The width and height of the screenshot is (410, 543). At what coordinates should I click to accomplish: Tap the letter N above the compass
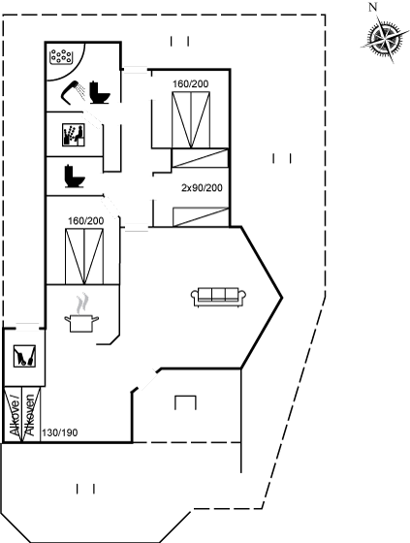pos(372,7)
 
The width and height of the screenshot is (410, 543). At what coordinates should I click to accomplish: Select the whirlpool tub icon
pos(61,56)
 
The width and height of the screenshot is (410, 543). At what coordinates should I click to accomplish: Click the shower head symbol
pos(73,92)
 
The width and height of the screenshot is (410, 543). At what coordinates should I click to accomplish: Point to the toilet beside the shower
pos(100,92)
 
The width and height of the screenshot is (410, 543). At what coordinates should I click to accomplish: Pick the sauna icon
pos(74,135)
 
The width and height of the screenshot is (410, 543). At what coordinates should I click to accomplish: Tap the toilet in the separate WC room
pos(75,176)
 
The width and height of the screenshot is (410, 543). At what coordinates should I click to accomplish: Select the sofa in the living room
pos(218,297)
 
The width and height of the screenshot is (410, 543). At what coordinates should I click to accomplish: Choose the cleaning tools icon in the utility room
pos(24,356)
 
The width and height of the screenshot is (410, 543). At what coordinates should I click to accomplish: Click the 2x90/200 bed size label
pos(202,188)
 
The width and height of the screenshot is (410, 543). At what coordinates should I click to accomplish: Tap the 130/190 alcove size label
pos(59,432)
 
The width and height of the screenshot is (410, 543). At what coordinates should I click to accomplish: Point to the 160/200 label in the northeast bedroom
pos(191,83)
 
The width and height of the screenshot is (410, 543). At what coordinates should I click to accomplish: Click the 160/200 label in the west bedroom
pos(86,221)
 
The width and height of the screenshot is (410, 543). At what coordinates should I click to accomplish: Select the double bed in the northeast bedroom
pos(191,120)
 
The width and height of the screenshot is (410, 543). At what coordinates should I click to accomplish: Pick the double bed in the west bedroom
pos(84,256)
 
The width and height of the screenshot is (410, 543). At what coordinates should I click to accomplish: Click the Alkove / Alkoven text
pos(22,415)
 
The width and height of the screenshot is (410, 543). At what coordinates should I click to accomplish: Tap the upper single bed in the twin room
pos(200,158)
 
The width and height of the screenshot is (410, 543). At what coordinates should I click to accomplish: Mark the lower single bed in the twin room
pos(201,217)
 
